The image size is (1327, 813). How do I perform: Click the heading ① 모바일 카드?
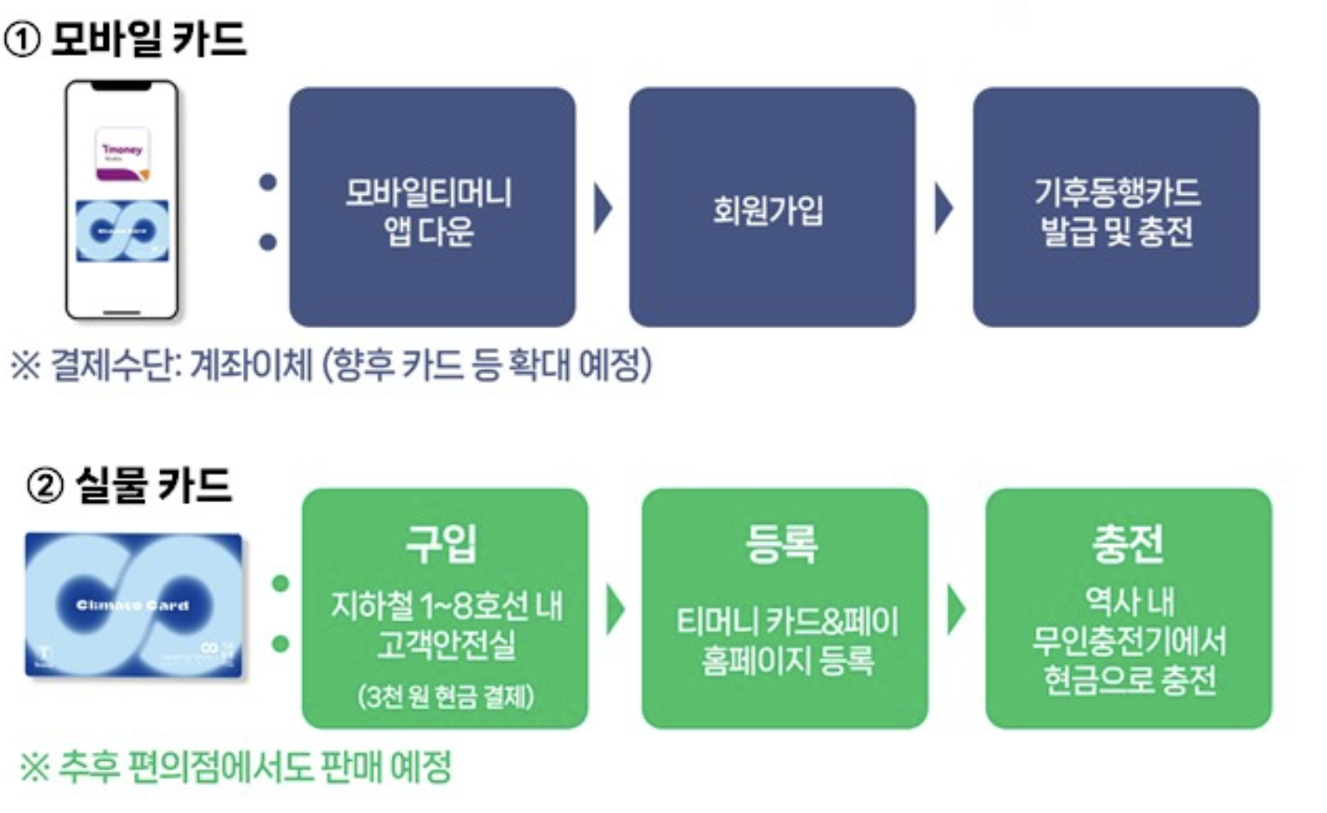[125, 39]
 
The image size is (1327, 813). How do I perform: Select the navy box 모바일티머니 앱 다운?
[431, 207]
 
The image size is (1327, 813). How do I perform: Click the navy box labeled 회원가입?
[771, 207]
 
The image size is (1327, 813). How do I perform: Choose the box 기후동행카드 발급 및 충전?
[1115, 207]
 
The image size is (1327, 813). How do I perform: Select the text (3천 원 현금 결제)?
[445, 696]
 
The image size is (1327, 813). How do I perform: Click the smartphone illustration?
[122, 200]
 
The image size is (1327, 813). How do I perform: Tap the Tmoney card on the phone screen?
[122, 153]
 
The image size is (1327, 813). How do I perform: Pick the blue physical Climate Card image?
[133, 605]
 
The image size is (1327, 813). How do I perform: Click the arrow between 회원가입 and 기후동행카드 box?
[943, 208]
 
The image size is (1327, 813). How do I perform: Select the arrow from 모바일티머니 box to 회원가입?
[602, 208]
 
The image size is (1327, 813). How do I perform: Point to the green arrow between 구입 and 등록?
[615, 609]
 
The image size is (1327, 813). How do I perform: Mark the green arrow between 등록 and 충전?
[956, 609]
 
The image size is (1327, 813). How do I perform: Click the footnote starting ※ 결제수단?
[331, 365]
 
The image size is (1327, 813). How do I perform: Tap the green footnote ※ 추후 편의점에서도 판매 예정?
[236, 767]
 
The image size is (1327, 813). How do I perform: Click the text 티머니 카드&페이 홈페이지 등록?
[786, 641]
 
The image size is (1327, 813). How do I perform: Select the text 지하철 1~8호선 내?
[446, 605]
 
